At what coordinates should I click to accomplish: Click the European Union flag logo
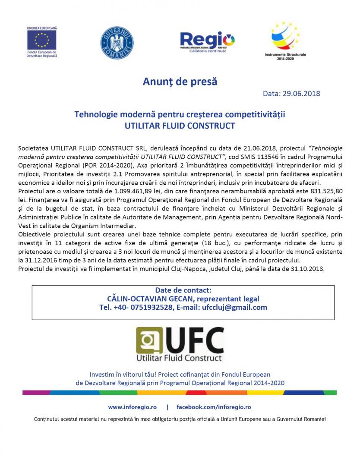coord(42,40)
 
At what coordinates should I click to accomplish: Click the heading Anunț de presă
coord(180,82)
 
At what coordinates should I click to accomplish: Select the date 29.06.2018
coord(301,93)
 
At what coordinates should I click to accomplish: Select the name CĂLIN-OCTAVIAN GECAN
coord(143,299)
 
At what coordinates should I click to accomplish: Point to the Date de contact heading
coord(183,290)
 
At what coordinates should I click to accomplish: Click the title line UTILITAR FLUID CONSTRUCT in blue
coord(180,126)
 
